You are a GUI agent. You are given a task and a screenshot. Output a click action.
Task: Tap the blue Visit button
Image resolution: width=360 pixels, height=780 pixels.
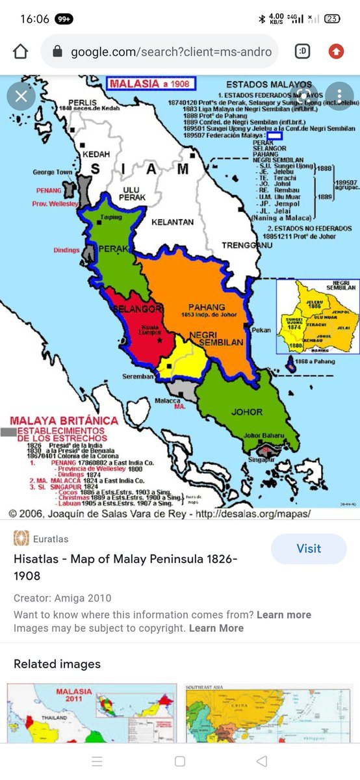pyautogui.click(x=309, y=549)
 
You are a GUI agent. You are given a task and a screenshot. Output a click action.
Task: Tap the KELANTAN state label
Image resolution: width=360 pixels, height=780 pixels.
pyautogui.click(x=172, y=222)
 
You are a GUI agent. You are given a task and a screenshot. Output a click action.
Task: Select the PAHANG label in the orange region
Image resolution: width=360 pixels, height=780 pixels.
pyautogui.click(x=207, y=307)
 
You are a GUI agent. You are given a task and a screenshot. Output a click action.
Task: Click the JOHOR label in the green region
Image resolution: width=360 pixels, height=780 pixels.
pyautogui.click(x=247, y=411)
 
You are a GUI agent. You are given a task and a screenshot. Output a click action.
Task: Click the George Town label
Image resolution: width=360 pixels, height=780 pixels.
pyautogui.click(x=53, y=172)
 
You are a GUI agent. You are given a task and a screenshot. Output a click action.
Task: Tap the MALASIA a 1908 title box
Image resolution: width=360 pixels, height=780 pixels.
pyautogui.click(x=151, y=84)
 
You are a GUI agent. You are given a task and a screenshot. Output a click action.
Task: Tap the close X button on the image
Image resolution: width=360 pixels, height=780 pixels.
pyautogui.click(x=21, y=97)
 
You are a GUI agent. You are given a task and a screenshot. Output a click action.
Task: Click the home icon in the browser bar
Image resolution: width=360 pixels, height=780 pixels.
pyautogui.click(x=21, y=51)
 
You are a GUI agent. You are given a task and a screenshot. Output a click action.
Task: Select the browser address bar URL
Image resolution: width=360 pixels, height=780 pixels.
pyautogui.click(x=170, y=51)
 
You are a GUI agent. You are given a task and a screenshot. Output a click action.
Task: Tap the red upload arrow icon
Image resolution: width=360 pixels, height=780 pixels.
pyautogui.click(x=335, y=51)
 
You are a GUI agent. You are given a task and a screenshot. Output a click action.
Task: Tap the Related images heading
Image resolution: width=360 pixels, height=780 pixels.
pyautogui.click(x=57, y=664)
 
